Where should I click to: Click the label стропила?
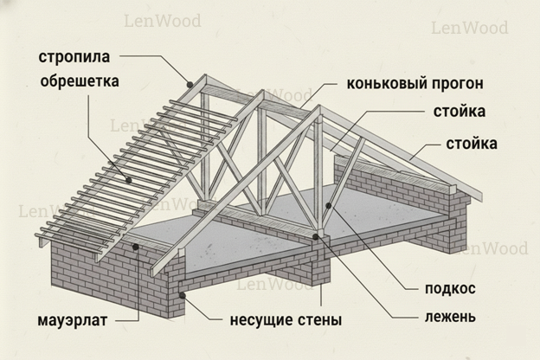(73, 58)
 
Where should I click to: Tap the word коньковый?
(382, 84)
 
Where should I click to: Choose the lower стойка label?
(471, 143)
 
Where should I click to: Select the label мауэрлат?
(73, 320)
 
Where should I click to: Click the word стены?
(318, 320)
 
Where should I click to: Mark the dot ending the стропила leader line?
(190, 83)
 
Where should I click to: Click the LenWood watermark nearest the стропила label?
(162, 20)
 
